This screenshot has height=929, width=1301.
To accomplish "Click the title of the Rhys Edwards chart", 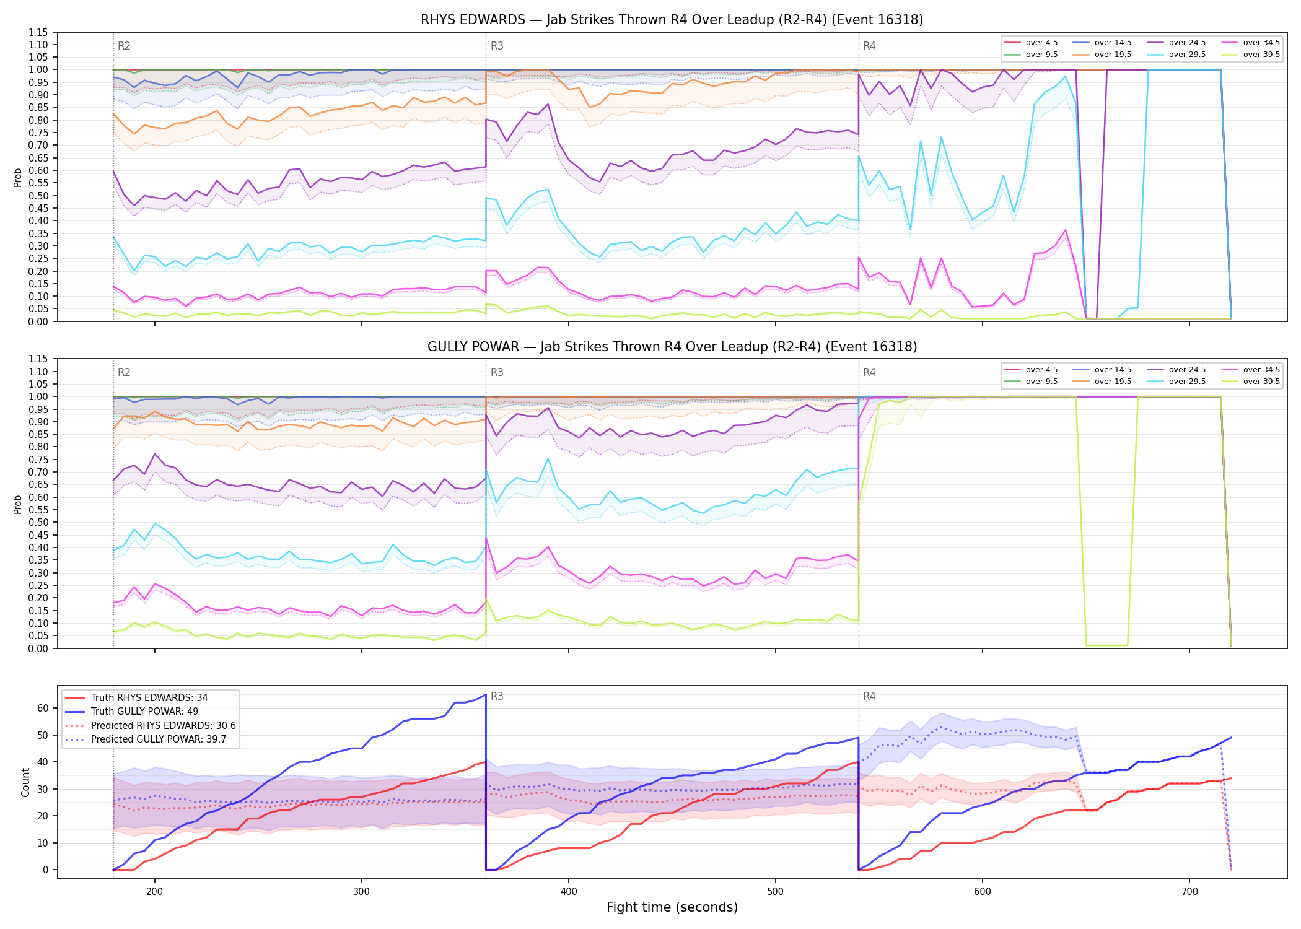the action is [672, 20].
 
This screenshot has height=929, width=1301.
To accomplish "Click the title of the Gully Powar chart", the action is [672, 347].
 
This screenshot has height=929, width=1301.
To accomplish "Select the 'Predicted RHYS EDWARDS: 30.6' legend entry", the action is [150, 725].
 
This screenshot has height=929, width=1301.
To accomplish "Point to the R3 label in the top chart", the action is [497, 46].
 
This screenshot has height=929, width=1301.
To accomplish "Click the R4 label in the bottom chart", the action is [869, 696].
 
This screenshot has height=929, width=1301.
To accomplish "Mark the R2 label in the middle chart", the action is [124, 372].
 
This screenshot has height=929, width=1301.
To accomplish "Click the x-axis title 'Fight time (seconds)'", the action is [672, 907].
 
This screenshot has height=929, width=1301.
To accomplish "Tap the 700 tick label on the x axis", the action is [1189, 892].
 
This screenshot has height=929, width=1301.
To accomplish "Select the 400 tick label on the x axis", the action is [569, 892].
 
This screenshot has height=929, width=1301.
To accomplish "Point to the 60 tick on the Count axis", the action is [43, 708].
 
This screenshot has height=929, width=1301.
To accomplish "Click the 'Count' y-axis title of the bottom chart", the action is [25, 782].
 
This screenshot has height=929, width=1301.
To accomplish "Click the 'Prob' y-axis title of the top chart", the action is [18, 177].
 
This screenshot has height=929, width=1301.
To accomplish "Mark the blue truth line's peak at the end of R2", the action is [486, 694].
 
